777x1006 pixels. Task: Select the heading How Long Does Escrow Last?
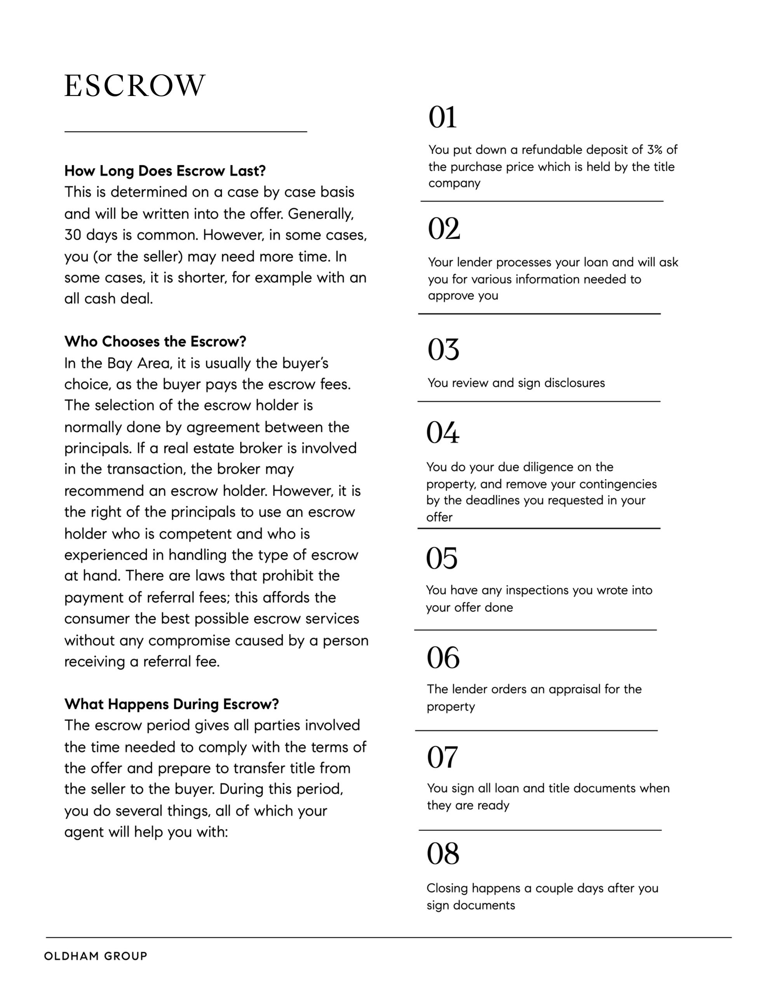(165, 171)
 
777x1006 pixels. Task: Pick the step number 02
(444, 229)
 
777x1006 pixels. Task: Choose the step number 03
(443, 350)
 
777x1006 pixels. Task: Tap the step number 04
(442, 432)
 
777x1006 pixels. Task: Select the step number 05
(441, 558)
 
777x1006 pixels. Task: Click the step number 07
(442, 757)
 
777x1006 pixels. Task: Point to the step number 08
(443, 854)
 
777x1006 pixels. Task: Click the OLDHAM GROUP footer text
(95, 956)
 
